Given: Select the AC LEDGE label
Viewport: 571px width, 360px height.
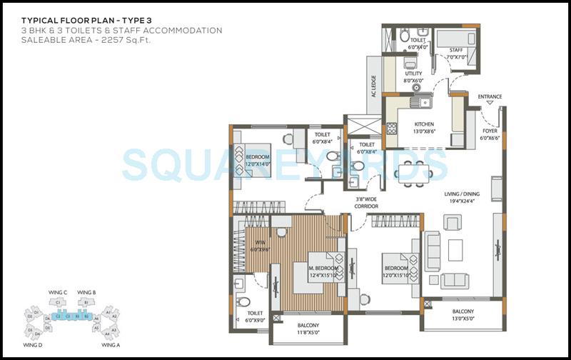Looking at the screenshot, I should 373,89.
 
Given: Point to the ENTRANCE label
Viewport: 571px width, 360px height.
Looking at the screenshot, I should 490,96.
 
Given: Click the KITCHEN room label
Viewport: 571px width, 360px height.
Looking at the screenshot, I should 423,124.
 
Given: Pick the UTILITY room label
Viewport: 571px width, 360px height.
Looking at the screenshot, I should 413,74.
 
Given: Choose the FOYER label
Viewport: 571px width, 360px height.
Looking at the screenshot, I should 490,131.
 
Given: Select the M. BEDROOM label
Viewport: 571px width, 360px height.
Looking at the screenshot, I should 322,269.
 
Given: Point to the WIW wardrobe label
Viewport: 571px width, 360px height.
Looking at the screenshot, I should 260,242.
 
